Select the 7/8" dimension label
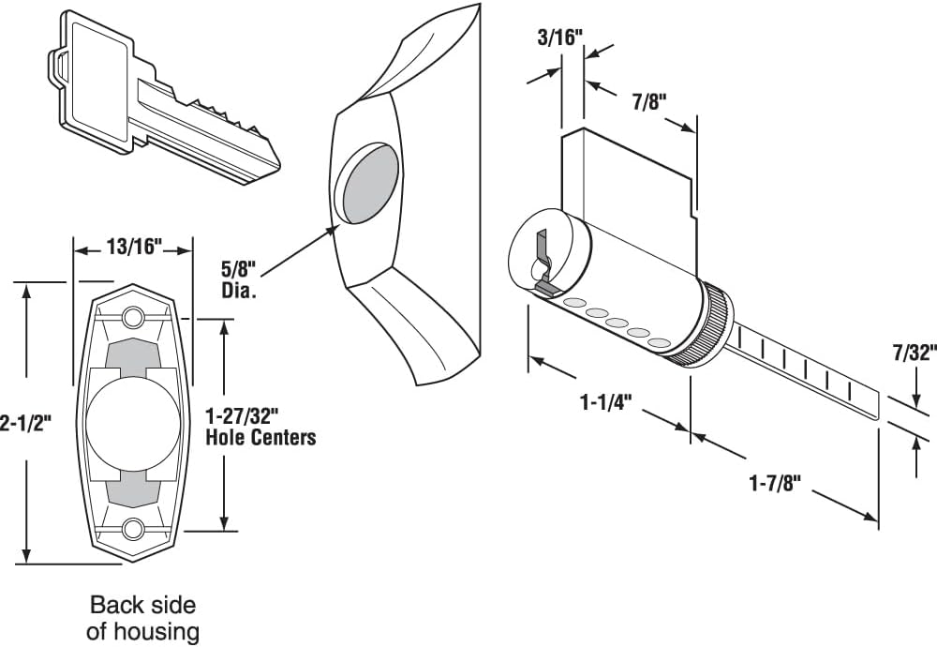click(x=647, y=101)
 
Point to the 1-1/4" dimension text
click(x=606, y=402)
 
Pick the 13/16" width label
click(x=132, y=248)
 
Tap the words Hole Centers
click(x=260, y=437)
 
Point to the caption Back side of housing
click(x=142, y=618)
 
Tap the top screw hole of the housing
click(x=133, y=314)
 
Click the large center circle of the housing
click(x=132, y=422)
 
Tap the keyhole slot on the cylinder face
click(x=541, y=258)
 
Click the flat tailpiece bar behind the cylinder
click(x=806, y=370)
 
